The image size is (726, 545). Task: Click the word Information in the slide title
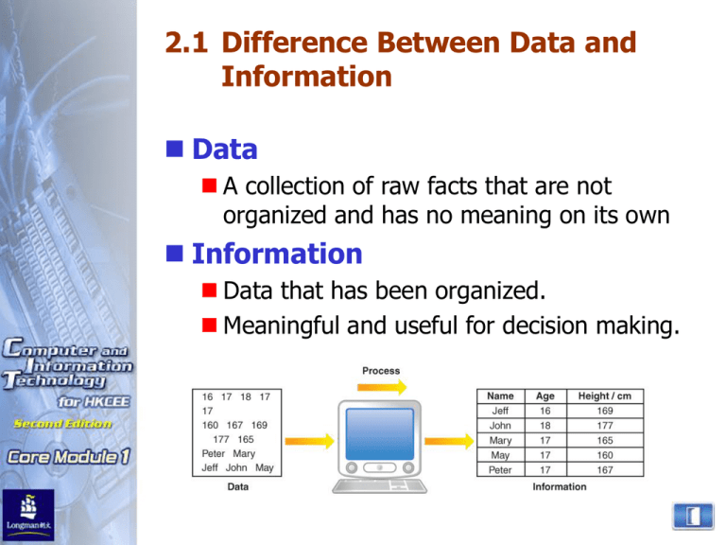coord(306,77)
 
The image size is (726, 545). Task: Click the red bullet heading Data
coord(225,150)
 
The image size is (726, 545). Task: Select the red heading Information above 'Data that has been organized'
coord(277,255)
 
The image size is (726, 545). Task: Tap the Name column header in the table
coord(500,397)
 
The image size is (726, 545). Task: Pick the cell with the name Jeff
coord(500,412)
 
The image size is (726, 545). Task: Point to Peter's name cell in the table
coord(500,469)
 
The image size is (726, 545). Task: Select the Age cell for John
coord(545,427)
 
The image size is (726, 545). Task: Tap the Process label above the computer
coord(381,371)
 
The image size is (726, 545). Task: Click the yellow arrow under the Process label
coord(382,387)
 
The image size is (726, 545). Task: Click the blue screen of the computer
coord(382,435)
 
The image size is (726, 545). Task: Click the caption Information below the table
coord(559,486)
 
